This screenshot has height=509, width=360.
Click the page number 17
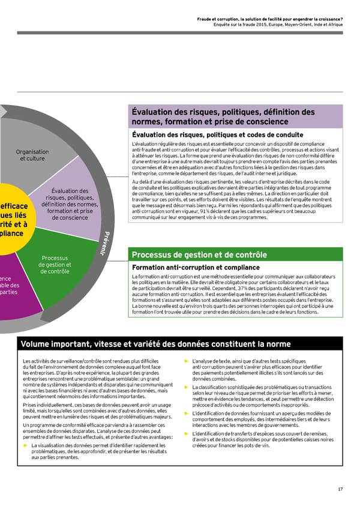tap(340, 489)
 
